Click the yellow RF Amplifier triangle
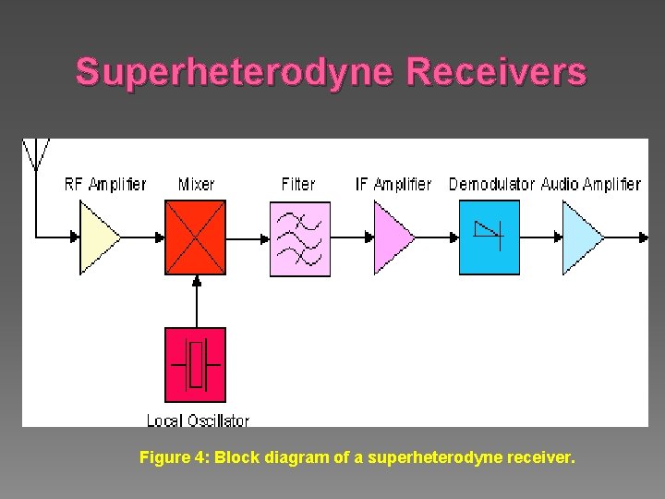tap(98, 237)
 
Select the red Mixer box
tap(195, 237)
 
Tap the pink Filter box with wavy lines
tap(299, 237)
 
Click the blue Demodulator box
tap(489, 237)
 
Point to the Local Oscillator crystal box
tap(195, 364)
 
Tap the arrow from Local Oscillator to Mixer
tap(195, 300)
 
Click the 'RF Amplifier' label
tap(105, 184)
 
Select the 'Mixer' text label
tap(196, 184)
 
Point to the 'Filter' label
tap(297, 184)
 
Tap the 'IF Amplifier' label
tap(393, 184)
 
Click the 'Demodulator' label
tap(491, 184)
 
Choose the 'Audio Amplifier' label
tap(590, 184)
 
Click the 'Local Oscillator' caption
tap(198, 420)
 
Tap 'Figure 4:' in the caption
tap(174, 456)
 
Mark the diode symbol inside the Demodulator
tap(488, 233)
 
